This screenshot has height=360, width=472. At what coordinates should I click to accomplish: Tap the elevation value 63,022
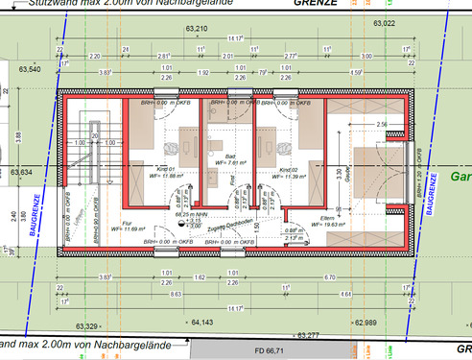pos(385,21)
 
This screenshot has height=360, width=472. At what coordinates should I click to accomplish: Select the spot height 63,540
pos(29,69)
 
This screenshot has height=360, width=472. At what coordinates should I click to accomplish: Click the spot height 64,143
pos(202,323)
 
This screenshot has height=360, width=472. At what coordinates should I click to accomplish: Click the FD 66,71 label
pos(270,351)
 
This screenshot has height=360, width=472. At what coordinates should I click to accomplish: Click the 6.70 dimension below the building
pos(328,277)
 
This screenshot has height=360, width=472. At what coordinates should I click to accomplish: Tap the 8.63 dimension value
pos(150,294)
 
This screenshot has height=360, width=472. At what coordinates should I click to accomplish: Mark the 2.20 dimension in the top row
pos(95,57)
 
